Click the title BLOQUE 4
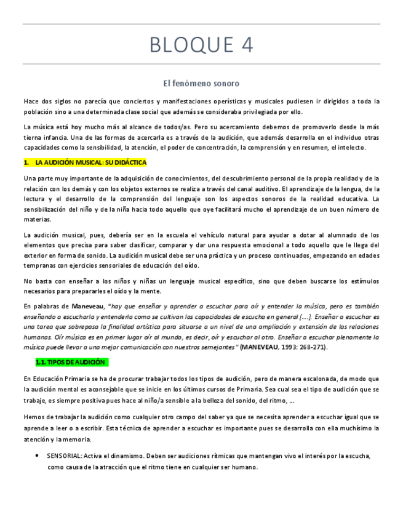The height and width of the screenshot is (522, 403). coord(201,45)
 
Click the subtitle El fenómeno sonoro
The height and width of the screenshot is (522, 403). coord(201,82)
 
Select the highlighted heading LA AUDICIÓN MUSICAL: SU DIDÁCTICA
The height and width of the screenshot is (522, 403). coord(90,163)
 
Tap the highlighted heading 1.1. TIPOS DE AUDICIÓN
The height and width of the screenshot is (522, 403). coord(73,362)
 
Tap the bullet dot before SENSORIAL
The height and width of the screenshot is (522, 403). coord(39,456)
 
